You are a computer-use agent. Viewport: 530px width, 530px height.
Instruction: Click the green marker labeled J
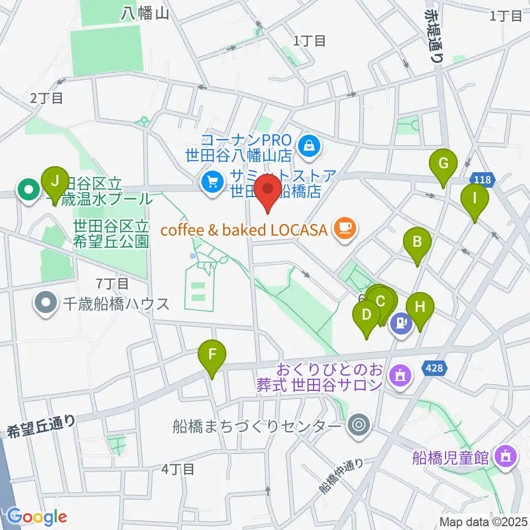tap(55, 180)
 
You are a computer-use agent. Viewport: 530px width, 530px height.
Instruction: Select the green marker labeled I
tap(474, 197)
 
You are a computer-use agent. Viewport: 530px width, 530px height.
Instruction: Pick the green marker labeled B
tap(417, 241)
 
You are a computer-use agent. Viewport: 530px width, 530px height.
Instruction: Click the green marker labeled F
tap(213, 354)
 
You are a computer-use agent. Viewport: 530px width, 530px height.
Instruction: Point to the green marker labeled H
tap(420, 306)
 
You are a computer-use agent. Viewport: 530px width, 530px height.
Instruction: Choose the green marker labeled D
tap(366, 315)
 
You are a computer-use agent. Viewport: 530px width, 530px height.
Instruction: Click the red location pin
tap(268, 190)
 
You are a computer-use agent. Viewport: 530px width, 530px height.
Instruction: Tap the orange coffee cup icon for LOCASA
tap(346, 228)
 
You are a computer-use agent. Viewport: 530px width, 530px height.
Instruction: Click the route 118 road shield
tap(483, 179)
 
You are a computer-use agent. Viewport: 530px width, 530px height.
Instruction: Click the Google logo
tap(37, 517)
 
